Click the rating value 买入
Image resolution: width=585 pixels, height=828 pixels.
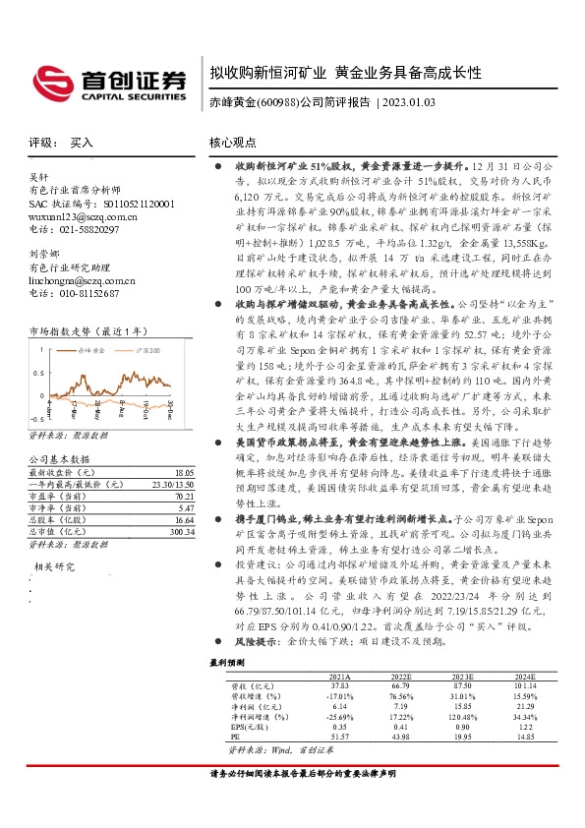tap(82, 143)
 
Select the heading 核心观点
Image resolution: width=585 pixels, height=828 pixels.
tap(232, 143)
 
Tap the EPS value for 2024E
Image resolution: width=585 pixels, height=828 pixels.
tap(524, 725)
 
